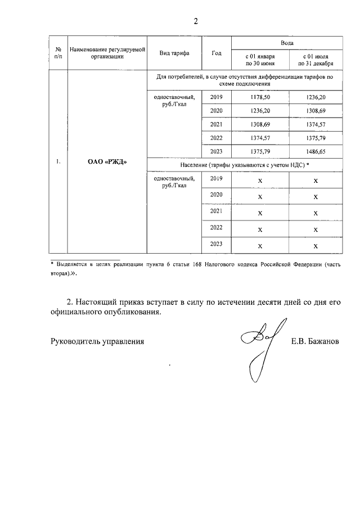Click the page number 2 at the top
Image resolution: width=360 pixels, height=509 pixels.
pyautogui.click(x=196, y=21)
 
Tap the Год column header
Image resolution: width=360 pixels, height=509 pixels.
pyautogui.click(x=217, y=53)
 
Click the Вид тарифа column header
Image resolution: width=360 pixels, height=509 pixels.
pyautogui.click(x=174, y=53)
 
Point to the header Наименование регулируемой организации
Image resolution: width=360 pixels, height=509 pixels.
pyautogui.click(x=107, y=53)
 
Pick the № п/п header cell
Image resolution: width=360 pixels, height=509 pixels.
pyautogui.click(x=58, y=53)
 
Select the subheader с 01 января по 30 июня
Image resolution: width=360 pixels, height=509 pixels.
pyautogui.click(x=259, y=60)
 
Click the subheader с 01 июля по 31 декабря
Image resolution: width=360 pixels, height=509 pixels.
pyautogui.click(x=316, y=60)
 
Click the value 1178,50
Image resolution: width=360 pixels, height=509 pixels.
pyautogui.click(x=259, y=98)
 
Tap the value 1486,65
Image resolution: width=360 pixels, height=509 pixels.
pyautogui.click(x=316, y=152)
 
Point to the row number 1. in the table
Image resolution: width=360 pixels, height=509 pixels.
pyautogui.click(x=58, y=163)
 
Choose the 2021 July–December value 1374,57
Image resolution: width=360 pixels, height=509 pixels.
pyautogui.click(x=316, y=125)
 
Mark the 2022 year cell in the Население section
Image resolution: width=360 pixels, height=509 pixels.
pyautogui.click(x=217, y=227)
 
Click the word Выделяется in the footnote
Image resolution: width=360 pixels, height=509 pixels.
pyautogui.click(x=72, y=264)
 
